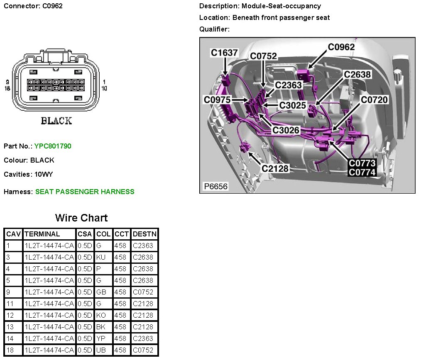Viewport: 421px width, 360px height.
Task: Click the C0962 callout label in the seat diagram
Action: pos(341,47)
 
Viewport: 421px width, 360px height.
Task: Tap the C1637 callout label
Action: pos(224,53)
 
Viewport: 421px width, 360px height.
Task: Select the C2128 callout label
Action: pos(274,168)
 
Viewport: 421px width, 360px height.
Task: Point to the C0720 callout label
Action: pos(374,100)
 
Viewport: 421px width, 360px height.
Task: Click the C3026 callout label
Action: pos(286,130)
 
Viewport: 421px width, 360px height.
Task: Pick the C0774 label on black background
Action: pos(362,172)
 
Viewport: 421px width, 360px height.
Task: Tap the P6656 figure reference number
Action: pos(215,187)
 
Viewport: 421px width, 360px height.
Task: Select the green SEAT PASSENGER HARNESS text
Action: pos(85,192)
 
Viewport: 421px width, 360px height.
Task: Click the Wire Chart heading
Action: pos(81,218)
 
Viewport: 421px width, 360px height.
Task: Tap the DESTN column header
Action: pos(144,234)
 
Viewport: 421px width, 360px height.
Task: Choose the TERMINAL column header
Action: pos(42,234)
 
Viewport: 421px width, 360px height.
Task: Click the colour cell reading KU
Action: pos(101,257)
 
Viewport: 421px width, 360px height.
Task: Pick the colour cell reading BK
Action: pos(101,327)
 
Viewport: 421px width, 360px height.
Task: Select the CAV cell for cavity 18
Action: pos(10,350)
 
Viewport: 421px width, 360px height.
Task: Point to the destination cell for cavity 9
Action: pos(143,292)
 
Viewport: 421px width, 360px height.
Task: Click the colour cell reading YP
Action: pos(101,338)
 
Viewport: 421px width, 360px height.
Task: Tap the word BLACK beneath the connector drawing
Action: pos(56,121)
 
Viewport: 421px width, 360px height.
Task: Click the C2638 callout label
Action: pos(357,74)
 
